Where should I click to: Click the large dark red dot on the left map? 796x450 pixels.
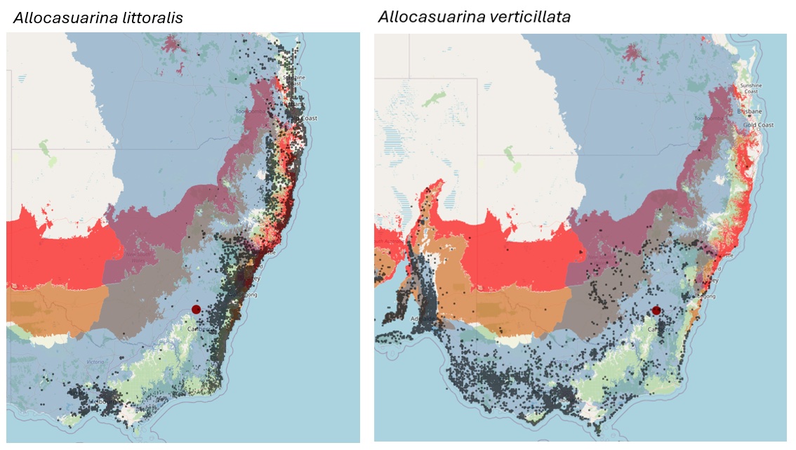[196, 310]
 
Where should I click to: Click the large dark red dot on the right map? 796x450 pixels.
[656, 310]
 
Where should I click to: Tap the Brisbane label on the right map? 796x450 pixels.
[750, 112]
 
